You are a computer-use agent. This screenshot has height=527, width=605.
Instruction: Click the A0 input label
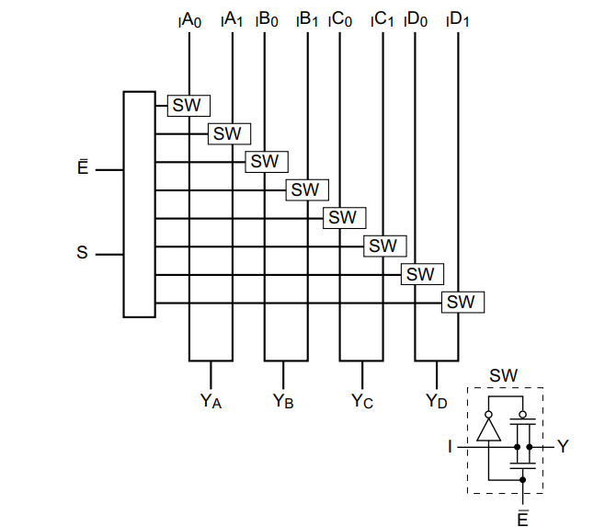coord(191,18)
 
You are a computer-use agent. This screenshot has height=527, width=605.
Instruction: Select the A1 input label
coord(233,18)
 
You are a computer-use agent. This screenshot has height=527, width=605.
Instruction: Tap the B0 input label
coord(268,18)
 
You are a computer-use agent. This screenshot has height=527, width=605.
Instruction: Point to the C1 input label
coord(383,18)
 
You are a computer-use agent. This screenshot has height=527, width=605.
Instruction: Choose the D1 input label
coord(459,18)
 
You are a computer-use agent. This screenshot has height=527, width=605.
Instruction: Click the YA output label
coord(211,401)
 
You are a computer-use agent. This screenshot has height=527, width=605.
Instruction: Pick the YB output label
coord(284,401)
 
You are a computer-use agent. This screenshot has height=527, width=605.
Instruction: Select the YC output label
coord(362,401)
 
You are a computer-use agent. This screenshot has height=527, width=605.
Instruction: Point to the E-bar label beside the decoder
coord(82,169)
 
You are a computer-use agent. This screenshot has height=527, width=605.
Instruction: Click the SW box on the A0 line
coord(188,105)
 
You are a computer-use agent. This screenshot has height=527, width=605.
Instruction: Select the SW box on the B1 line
coord(306,189)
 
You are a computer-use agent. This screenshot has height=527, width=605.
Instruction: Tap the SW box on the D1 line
coord(462,302)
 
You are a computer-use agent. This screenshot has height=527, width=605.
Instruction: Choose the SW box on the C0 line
coord(343,218)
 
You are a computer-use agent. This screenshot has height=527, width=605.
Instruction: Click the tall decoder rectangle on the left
coord(139,204)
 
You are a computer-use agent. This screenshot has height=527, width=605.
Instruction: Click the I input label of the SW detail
coord(451,447)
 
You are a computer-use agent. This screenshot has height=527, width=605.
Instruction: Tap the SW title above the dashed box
coord(504,375)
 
